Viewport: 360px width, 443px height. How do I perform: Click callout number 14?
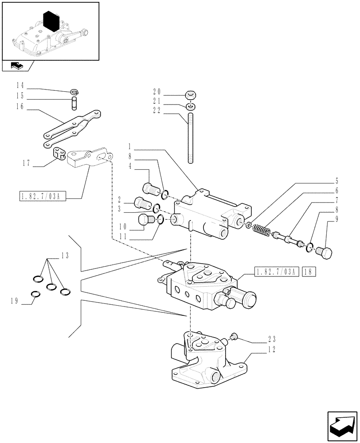point(20,85)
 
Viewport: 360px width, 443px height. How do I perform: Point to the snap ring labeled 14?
point(74,92)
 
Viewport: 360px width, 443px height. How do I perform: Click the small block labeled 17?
point(59,154)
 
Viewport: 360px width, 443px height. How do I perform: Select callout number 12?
point(271,350)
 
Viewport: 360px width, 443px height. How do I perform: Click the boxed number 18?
point(309,272)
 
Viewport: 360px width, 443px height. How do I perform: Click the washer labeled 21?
point(191,107)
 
